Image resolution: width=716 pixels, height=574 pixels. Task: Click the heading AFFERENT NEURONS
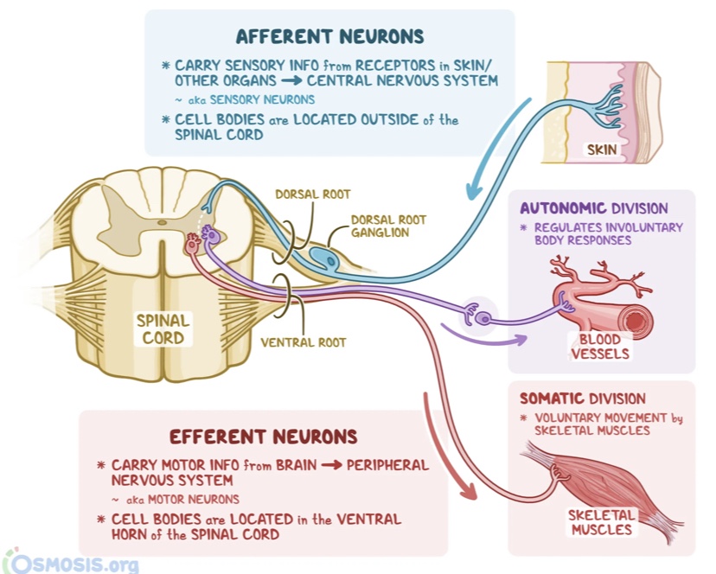point(329,36)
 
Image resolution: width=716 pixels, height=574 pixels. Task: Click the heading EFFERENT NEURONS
point(263,437)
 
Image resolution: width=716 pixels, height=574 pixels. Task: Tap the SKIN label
point(602,150)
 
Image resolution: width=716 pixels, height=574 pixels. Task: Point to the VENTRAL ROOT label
point(304,342)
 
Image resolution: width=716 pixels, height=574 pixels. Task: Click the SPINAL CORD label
point(163,329)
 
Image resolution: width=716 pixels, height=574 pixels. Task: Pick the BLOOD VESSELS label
point(600,346)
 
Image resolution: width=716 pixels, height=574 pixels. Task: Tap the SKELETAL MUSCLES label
point(601,521)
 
